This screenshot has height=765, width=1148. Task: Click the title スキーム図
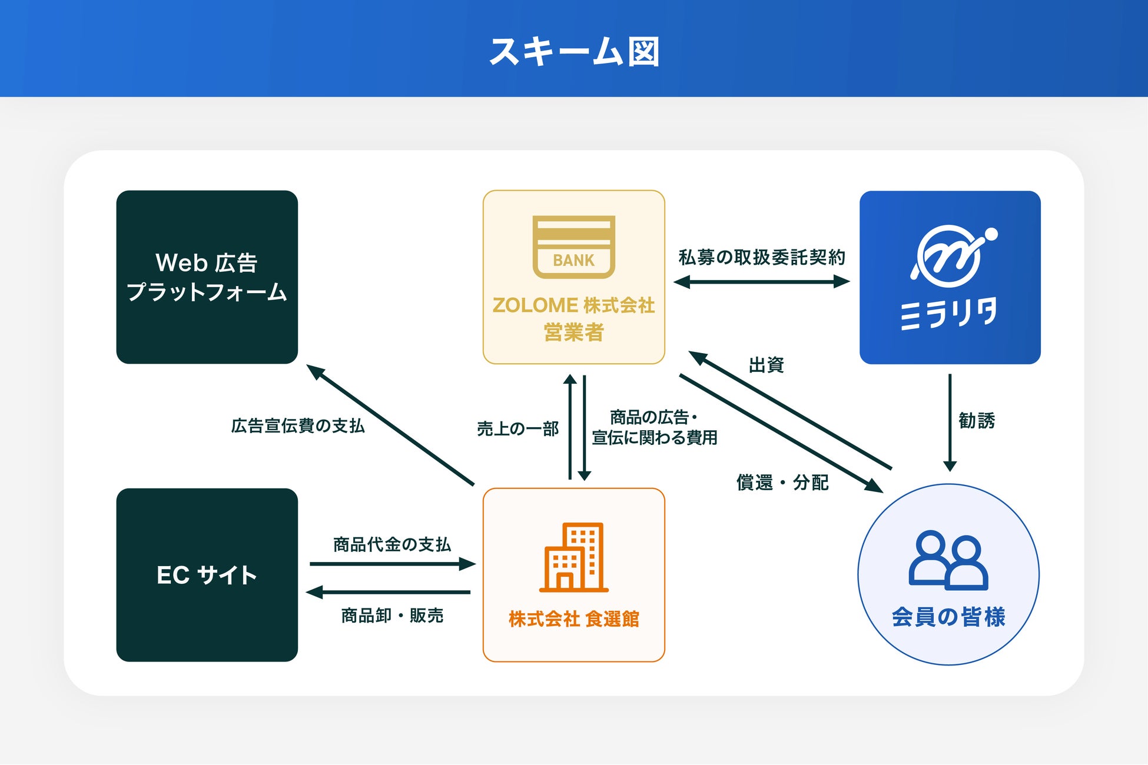click(x=574, y=52)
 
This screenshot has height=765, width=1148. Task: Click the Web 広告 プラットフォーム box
click(x=207, y=277)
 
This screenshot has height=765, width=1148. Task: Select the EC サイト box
click(x=207, y=575)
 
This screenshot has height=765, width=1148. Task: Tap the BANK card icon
click(x=574, y=247)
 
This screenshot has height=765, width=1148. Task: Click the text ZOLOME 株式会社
click(x=574, y=305)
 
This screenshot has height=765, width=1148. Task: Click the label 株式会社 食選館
click(x=574, y=619)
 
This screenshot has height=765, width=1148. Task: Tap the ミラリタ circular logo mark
click(x=954, y=255)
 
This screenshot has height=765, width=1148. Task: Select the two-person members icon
click(x=948, y=560)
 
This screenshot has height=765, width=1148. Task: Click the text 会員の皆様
click(x=948, y=617)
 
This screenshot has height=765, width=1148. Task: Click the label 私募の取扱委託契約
click(x=762, y=257)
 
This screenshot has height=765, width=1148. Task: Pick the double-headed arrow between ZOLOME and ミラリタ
click(x=762, y=282)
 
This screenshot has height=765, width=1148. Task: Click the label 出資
click(x=767, y=365)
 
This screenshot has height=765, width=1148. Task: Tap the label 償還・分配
click(x=782, y=483)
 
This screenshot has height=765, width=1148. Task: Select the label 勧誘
click(x=977, y=421)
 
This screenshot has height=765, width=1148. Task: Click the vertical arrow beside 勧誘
click(x=950, y=423)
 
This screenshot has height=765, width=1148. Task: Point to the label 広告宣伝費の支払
click(x=298, y=425)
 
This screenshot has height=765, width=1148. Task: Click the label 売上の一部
click(x=518, y=428)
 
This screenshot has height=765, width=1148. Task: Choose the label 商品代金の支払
click(x=392, y=544)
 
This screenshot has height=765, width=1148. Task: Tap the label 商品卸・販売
click(x=392, y=616)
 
